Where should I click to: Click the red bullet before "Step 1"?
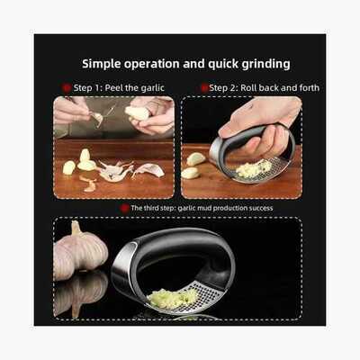click(x=67, y=88)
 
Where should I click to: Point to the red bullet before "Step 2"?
click(x=204, y=88)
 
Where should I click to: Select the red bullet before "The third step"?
click(x=124, y=208)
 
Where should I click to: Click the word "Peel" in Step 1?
click(x=114, y=88)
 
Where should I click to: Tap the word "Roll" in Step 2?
click(x=248, y=88)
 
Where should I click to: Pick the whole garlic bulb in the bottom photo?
click(x=80, y=248)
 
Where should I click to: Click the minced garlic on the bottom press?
click(x=169, y=298)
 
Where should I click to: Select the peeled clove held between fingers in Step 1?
click(x=137, y=113)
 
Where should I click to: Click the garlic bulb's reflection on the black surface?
click(x=79, y=294)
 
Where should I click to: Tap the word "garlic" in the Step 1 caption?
click(x=152, y=88)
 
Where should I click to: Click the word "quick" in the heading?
click(x=223, y=65)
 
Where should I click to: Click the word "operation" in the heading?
click(x=152, y=65)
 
